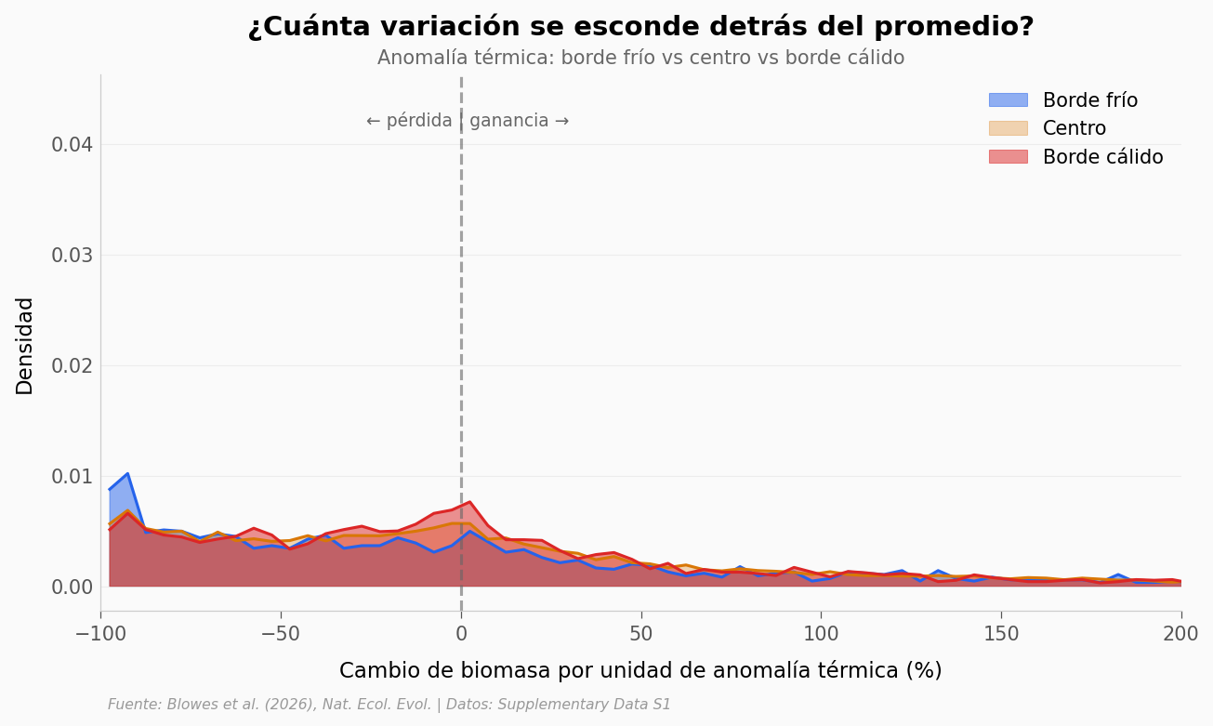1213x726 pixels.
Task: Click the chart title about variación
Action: [640, 27]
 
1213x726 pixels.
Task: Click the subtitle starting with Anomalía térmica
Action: [640, 59]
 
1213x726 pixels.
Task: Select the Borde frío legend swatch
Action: [1008, 100]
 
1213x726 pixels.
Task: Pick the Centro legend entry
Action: [1074, 129]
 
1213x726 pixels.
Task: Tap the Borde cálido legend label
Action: [1102, 157]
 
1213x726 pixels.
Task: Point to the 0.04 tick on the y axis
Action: [72, 145]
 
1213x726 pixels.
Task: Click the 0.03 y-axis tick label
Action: [72, 256]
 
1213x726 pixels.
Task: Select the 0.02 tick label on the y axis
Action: [72, 366]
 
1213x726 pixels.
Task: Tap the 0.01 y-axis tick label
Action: [72, 477]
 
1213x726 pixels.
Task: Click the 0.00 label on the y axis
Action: [72, 587]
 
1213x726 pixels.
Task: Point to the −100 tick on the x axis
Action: [100, 634]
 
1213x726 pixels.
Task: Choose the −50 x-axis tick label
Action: [281, 634]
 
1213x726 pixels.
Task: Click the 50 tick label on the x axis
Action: [641, 634]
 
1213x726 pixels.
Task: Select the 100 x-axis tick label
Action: [821, 634]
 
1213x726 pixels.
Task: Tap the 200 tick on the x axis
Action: [1181, 634]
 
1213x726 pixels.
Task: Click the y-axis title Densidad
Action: [25, 346]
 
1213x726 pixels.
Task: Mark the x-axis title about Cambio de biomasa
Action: [640, 671]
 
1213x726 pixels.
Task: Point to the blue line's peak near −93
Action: [127, 474]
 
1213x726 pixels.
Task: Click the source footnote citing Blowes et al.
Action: [389, 705]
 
